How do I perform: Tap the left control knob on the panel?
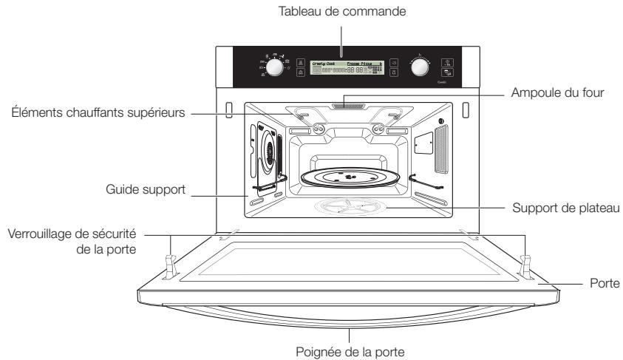273,67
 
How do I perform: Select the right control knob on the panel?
420,67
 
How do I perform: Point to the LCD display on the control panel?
347,67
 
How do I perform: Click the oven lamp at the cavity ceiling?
347,106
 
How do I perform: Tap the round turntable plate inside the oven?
347,177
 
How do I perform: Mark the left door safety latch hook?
169,265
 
